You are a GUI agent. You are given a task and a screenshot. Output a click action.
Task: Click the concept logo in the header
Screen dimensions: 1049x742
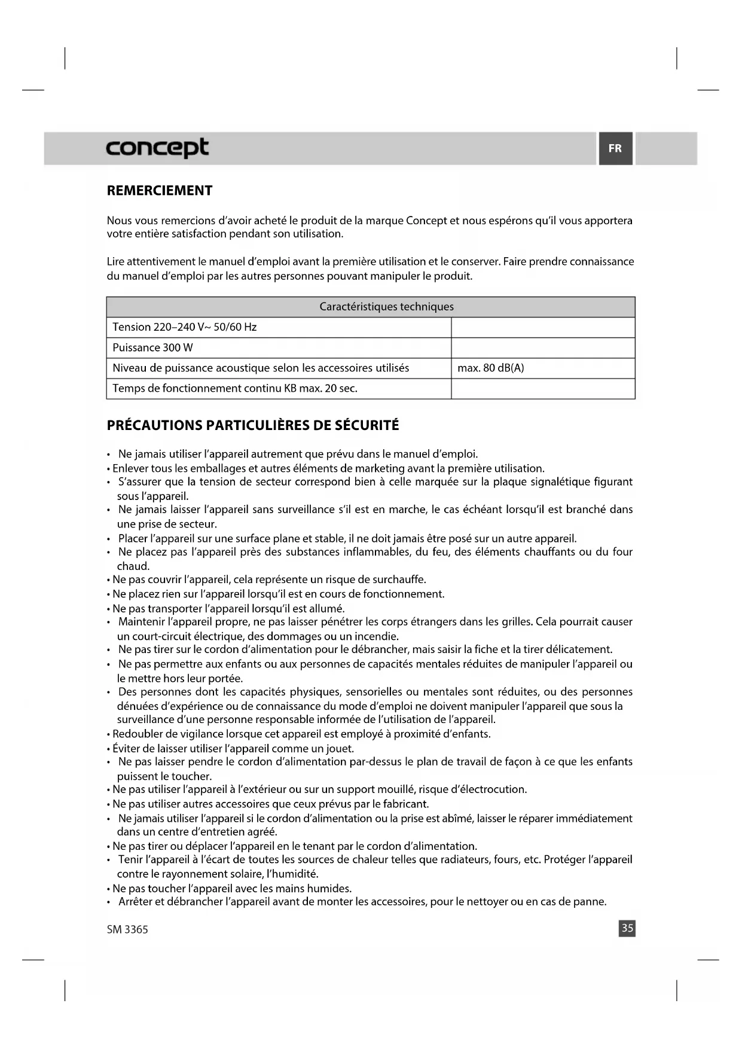coord(157,148)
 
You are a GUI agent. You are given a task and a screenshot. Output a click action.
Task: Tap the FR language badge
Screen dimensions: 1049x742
coord(615,148)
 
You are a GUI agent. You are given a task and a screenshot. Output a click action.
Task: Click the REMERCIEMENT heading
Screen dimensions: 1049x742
coord(160,191)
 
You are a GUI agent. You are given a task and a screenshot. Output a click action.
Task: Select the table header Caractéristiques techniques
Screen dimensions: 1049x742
coord(386,307)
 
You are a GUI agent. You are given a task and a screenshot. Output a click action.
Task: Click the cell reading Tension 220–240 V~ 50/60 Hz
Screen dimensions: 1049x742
coord(185,327)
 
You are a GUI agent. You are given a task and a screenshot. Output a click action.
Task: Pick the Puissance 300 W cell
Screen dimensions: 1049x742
coord(153,347)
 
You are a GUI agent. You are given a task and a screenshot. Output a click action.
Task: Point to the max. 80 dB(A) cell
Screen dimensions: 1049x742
coord(490,368)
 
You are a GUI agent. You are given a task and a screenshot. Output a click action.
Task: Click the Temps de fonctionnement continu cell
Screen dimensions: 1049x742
coord(235,388)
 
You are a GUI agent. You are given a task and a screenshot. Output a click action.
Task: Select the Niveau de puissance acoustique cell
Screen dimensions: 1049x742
coord(261,368)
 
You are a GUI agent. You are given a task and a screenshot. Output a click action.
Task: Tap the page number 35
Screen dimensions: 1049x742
coord(627,928)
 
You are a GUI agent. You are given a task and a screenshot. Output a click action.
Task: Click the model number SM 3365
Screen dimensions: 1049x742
coord(127,929)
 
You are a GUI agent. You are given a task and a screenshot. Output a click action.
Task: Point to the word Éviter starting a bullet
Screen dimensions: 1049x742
coord(126,748)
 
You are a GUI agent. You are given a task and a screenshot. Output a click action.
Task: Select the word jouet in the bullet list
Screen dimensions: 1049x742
coord(340,748)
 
